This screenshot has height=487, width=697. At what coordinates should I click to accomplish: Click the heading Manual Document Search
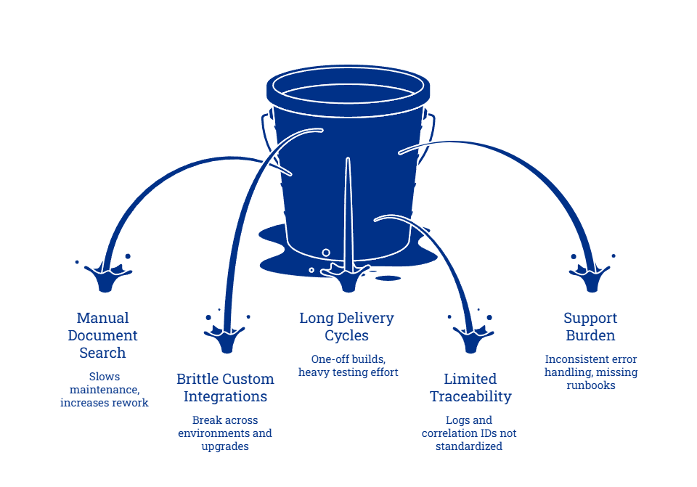click(102, 335)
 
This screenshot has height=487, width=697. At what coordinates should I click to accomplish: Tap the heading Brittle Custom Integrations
click(225, 388)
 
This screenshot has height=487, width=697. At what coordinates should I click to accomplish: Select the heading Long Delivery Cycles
click(346, 327)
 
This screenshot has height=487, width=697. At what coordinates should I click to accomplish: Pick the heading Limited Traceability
click(470, 388)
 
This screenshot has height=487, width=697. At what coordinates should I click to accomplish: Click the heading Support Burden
click(590, 327)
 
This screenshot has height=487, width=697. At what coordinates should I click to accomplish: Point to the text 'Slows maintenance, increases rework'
click(104, 390)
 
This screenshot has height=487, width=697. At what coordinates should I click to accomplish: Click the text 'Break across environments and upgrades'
click(225, 433)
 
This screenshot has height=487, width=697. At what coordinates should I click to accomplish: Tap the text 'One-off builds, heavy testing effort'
click(348, 366)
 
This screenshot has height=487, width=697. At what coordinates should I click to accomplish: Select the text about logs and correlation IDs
click(469, 433)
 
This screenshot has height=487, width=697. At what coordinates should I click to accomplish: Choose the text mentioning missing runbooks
click(590, 372)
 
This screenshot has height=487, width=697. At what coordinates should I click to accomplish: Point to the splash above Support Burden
click(592, 276)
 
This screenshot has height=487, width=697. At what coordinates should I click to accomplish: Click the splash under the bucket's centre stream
click(348, 277)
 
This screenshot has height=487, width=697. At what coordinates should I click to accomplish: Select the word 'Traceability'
click(470, 396)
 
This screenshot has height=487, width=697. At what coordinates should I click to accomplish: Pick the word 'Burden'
click(590, 335)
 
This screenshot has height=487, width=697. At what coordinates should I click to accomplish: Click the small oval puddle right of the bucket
click(388, 278)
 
